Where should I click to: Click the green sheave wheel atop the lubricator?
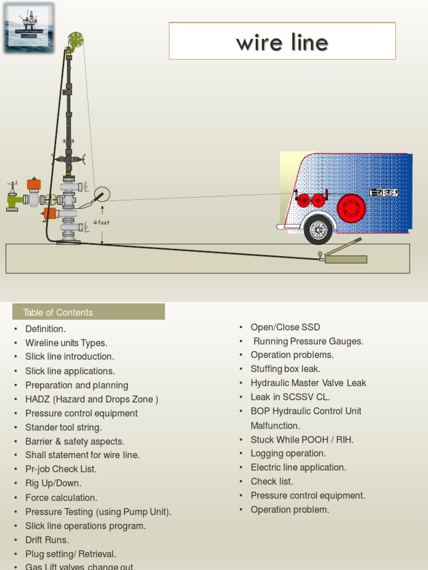pyautogui.click(x=75, y=39)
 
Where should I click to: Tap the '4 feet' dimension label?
pyautogui.click(x=101, y=223)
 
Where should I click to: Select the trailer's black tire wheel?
pyautogui.click(x=318, y=229)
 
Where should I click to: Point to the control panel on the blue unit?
pyautogui.click(x=385, y=193)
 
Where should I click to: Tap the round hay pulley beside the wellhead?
pyautogui.click(x=102, y=194)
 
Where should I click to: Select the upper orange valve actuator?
pyautogui.click(x=34, y=184)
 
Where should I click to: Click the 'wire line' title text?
pyautogui.click(x=282, y=42)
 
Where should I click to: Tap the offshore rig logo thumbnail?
pyautogui.click(x=28, y=27)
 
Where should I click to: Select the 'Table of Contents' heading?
pyautogui.click(x=58, y=312)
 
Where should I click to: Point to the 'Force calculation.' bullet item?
pyautogui.click(x=61, y=498)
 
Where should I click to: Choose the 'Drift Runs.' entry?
pyautogui.click(x=47, y=540)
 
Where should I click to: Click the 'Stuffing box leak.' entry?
pyautogui.click(x=285, y=368)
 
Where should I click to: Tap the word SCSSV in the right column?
pyautogui.click(x=304, y=397)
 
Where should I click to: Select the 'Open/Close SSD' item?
pyautogui.click(x=285, y=327)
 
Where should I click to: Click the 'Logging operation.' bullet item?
pyautogui.click(x=288, y=454)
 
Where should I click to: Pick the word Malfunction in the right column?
pyautogui.click(x=275, y=426)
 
